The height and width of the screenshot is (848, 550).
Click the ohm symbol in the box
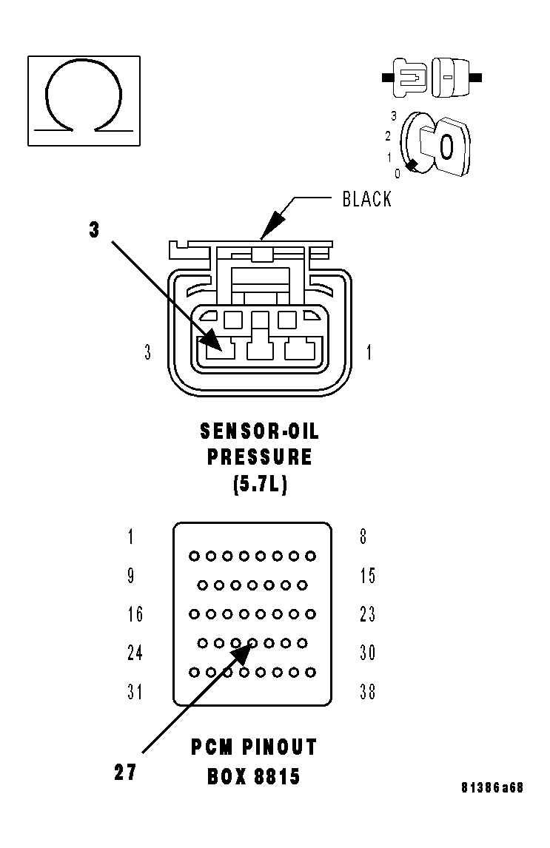[x=84, y=99]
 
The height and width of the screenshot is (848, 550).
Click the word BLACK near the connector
[x=366, y=198]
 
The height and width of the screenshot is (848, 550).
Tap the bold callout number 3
[x=94, y=230]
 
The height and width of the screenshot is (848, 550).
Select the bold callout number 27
[x=124, y=772]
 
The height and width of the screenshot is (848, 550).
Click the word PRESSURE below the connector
[x=260, y=457]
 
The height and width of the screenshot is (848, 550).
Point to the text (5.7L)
[x=260, y=485]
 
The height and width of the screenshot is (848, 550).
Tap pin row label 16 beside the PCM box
[x=134, y=614]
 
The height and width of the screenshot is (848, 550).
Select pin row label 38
[x=367, y=692]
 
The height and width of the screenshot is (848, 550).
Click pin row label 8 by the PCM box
[x=363, y=536]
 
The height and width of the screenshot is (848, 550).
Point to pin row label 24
[x=134, y=653]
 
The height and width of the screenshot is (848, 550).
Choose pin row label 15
[x=367, y=575]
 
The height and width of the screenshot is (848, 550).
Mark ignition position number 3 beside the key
[x=394, y=116]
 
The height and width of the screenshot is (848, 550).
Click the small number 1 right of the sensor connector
[x=369, y=353]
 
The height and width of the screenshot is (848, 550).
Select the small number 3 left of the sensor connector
[x=148, y=353]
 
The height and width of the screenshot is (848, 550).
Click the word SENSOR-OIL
[x=260, y=431]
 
